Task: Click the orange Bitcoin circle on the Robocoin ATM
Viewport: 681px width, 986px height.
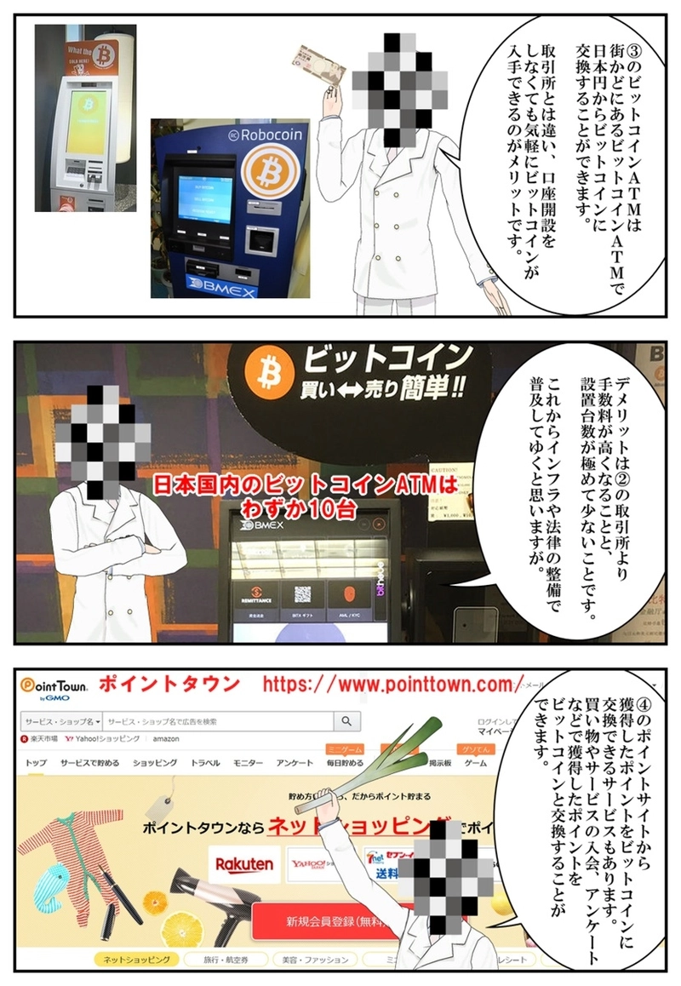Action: coord(267,173)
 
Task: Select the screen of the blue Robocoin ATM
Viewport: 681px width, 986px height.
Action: coord(204,201)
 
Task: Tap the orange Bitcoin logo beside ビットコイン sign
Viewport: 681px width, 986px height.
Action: coord(264,370)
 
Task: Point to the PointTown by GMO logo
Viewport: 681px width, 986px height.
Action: coord(55,686)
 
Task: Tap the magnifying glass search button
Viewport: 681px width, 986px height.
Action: coord(346,721)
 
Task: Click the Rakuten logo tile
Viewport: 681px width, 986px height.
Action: coord(244,863)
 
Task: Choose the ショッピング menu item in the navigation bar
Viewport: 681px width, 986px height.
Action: coord(155,763)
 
